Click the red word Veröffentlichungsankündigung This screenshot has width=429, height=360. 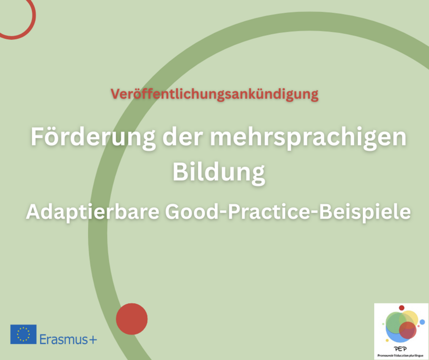[x=214, y=95]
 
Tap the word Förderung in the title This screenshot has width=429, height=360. [x=93, y=138]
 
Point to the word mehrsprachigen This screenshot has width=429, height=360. [x=308, y=138]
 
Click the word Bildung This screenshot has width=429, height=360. [x=219, y=173]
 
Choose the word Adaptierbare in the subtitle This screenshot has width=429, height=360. [x=93, y=212]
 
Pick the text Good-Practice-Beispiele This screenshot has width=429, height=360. [x=288, y=212]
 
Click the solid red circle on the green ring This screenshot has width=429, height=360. [x=132, y=319]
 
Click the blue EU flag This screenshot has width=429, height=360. [x=23, y=334]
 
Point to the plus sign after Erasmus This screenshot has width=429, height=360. [x=93, y=340]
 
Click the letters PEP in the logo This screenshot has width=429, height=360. [x=401, y=349]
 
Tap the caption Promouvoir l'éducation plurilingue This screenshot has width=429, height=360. [x=400, y=356]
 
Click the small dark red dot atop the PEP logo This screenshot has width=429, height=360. [x=402, y=308]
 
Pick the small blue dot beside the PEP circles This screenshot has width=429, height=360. [x=422, y=322]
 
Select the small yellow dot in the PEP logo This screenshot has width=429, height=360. [x=387, y=340]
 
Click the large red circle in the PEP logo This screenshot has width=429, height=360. [x=408, y=330]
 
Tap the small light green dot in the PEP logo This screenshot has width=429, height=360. [x=383, y=324]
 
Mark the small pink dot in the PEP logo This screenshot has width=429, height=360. [x=419, y=326]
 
